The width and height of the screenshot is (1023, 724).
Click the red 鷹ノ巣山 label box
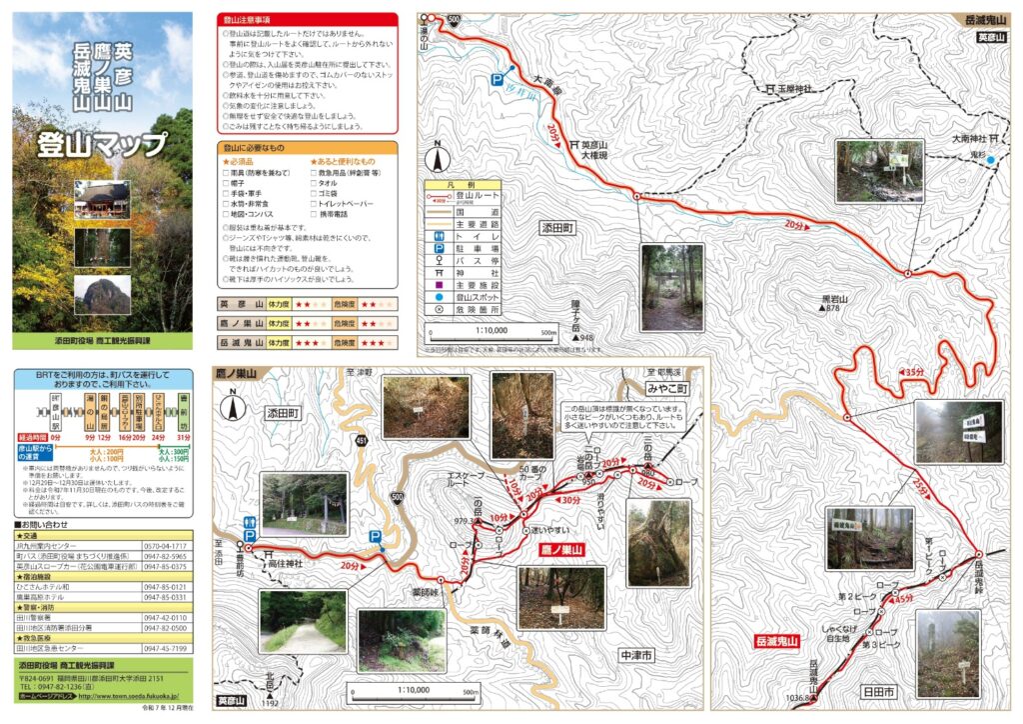(560, 549)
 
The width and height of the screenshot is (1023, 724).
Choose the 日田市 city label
(879, 691)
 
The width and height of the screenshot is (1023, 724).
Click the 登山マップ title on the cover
(102, 144)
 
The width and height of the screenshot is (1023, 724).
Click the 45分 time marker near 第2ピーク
(901, 598)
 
